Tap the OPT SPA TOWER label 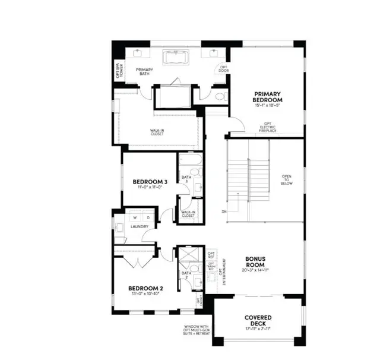point(118,70)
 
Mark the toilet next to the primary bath point(219,95)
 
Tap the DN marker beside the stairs point(223,210)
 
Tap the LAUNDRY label point(140,226)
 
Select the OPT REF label point(211,255)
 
